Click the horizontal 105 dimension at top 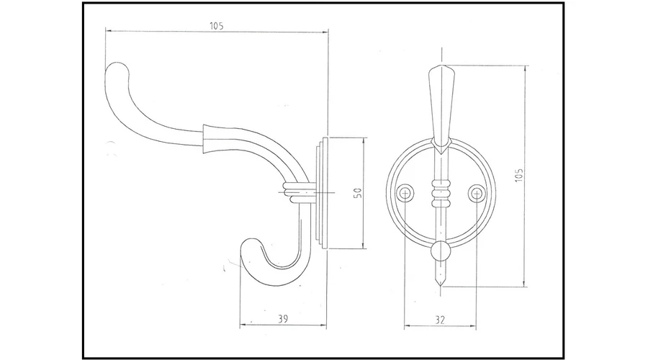(217, 26)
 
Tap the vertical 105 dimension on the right (519, 175)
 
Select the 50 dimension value (358, 193)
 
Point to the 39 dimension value (283, 319)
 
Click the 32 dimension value (440, 320)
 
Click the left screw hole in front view (405, 193)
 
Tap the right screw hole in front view (477, 193)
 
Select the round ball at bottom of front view (441, 251)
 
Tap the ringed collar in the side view (294, 192)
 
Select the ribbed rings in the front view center (441, 193)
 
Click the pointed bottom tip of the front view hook (441, 286)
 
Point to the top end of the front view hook (441, 66)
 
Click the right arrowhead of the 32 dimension (473, 326)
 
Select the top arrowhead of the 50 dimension (364, 140)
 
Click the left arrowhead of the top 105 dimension (108, 30)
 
